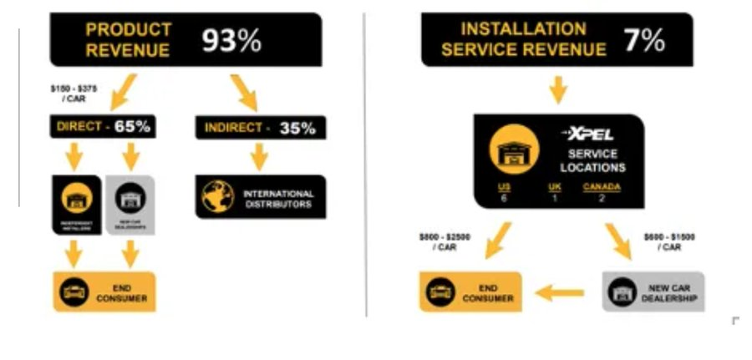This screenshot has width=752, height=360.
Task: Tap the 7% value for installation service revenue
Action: pos(643,39)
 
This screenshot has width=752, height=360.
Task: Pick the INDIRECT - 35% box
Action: pos(260,129)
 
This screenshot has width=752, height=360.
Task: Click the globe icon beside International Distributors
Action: pos(220,195)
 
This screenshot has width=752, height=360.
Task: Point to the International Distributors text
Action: pos(278,198)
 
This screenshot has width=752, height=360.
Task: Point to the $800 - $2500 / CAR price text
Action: pos(445,241)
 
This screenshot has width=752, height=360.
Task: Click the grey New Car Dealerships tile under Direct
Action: pos(130,204)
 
